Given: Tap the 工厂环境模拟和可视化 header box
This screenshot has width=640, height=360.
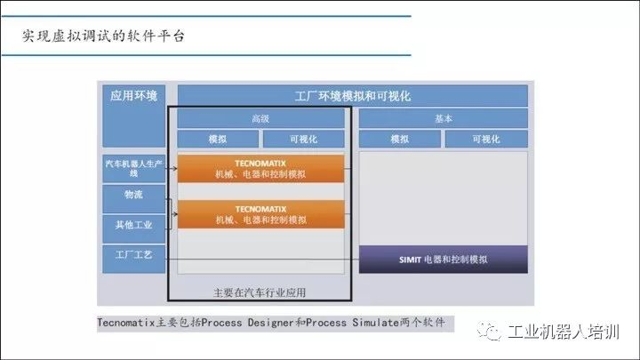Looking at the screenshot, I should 353,96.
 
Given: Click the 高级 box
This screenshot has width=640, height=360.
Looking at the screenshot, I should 260,118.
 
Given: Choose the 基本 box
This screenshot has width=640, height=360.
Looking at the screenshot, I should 443,118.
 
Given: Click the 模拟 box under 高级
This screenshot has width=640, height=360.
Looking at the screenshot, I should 218,140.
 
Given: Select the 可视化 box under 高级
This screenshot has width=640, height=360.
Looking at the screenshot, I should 303,140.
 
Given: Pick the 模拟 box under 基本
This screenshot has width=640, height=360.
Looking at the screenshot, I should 400,140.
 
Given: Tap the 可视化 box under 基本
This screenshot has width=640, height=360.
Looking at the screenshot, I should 485,140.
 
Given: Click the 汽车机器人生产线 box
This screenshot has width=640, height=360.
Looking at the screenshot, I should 134,168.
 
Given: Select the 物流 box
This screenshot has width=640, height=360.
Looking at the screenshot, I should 134,195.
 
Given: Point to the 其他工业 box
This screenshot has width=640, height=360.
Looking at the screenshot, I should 134,224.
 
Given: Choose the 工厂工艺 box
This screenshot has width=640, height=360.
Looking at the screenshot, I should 134,256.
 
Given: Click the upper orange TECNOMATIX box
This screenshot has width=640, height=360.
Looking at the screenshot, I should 260,169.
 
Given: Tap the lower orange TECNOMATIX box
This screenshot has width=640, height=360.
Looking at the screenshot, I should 260,213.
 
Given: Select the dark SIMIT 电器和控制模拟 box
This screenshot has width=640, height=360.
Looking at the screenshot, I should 443,260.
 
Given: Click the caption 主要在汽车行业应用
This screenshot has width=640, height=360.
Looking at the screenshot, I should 260,292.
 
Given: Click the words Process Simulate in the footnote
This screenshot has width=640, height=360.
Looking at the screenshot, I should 347,322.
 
